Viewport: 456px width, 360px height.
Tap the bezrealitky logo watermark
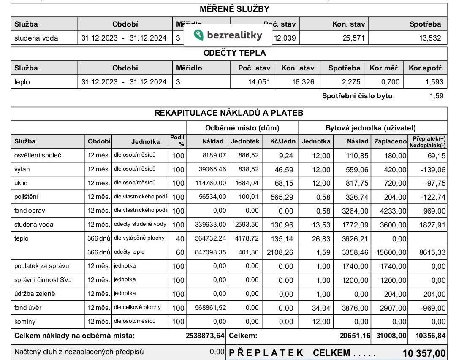coord(228,35)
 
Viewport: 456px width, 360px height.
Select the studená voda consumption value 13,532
coord(430,38)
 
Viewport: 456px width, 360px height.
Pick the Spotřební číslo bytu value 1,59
coord(436,96)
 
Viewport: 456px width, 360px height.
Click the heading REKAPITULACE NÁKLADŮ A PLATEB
coord(228,113)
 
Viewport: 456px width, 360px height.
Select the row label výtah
coord(22,169)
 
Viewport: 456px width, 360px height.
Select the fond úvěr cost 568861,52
coord(211,308)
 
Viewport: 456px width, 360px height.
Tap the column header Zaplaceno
coord(391,141)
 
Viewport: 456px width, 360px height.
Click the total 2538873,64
coord(205,336)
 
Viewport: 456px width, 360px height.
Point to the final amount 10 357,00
coord(423,353)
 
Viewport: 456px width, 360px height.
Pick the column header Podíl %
coord(178,141)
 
